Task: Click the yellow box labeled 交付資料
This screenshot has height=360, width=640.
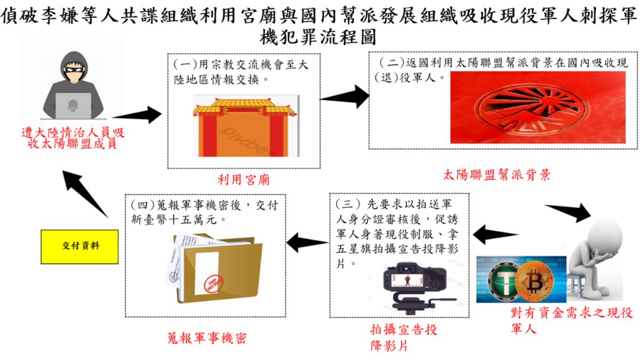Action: (x=79, y=247)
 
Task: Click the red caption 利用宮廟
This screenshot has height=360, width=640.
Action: (x=243, y=180)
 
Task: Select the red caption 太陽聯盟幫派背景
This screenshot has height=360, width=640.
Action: (x=497, y=174)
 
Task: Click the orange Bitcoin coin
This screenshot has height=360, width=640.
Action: (x=540, y=279)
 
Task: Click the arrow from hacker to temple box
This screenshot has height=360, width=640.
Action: (x=137, y=114)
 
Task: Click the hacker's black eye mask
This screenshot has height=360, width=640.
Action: (x=73, y=69)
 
